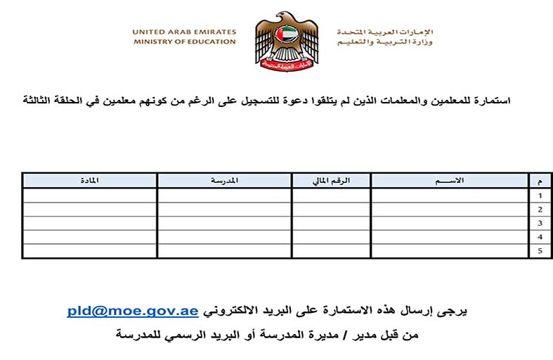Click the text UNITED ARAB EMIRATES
pyautogui.click(x=184, y=32)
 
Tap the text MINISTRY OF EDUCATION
pyautogui.click(x=184, y=41)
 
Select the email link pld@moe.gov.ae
pyautogui.click(x=133, y=310)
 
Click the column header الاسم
pyautogui.click(x=450, y=181)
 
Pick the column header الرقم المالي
pyautogui.click(x=331, y=181)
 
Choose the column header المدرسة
pyautogui.click(x=224, y=181)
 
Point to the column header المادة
pyautogui.click(x=89, y=181)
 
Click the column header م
pyautogui.click(x=540, y=181)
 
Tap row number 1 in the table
pyautogui.click(x=540, y=195)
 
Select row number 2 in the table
pyautogui.click(x=540, y=210)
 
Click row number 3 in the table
pyautogui.click(x=540, y=223)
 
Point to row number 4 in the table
pyautogui.click(x=540, y=237)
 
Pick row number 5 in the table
pyautogui.click(x=540, y=251)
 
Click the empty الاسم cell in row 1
pyautogui.click(x=450, y=195)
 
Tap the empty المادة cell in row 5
pyautogui.click(x=89, y=251)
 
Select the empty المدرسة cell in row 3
pyautogui.click(x=224, y=223)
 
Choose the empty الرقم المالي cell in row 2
pyautogui.click(x=331, y=210)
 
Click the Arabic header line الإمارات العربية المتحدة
pyautogui.click(x=384, y=32)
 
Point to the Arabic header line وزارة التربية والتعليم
pyautogui.click(x=384, y=42)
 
